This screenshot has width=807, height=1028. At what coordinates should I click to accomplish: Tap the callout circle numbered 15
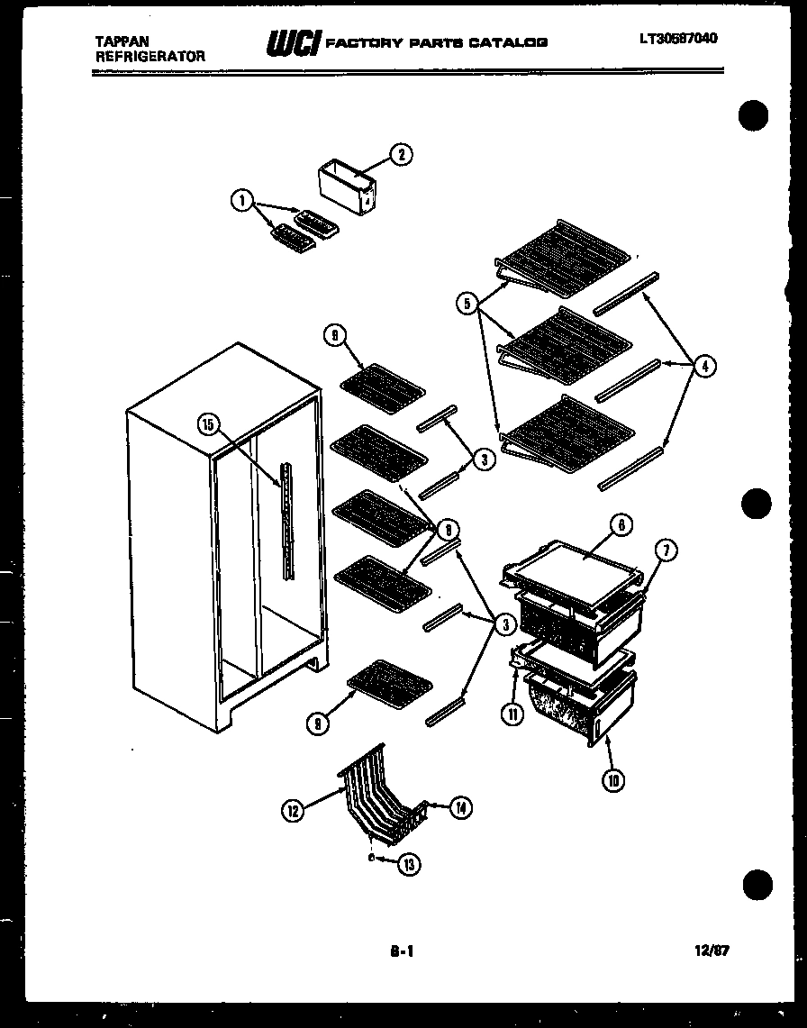(x=209, y=425)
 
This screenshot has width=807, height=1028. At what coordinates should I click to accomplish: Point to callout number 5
(x=467, y=305)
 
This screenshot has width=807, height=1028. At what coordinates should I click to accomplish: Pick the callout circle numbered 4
(x=705, y=366)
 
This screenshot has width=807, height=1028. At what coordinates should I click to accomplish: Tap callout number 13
(x=409, y=864)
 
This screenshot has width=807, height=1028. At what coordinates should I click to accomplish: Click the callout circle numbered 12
(x=292, y=811)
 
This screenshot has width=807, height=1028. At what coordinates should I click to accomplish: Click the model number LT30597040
(x=679, y=39)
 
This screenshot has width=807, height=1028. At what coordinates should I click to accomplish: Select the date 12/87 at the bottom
(x=713, y=950)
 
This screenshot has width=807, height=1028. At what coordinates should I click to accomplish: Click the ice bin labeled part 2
(x=349, y=186)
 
